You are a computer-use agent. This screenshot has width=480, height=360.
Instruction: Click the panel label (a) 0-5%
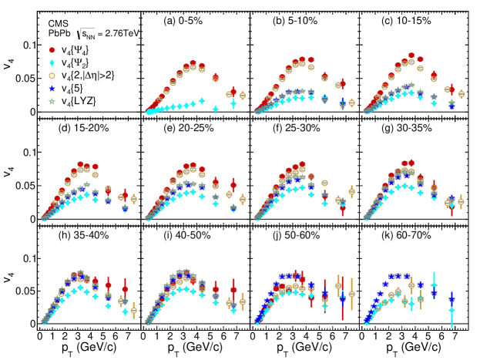pos(190,22)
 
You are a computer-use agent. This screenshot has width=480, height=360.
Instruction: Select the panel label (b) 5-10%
pos(297,22)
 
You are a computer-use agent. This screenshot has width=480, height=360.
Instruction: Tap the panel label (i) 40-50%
pos(190,234)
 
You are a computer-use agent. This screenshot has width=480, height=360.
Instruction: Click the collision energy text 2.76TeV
pos(116,34)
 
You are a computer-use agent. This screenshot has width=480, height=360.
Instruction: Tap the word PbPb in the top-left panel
pos(59,35)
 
